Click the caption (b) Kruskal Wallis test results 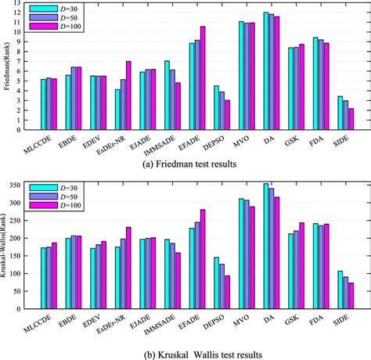(x=185, y=352)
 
